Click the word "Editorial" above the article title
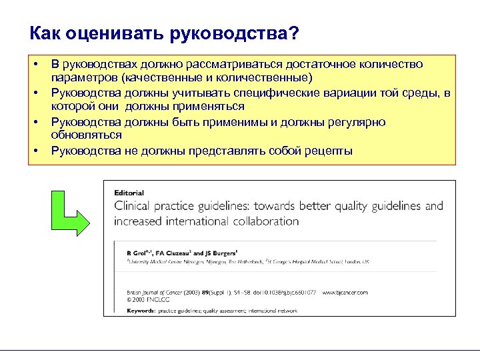(129, 193)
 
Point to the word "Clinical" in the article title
(132, 206)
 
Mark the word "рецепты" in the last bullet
(326, 151)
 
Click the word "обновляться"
(86, 135)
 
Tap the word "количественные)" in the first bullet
(273, 77)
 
